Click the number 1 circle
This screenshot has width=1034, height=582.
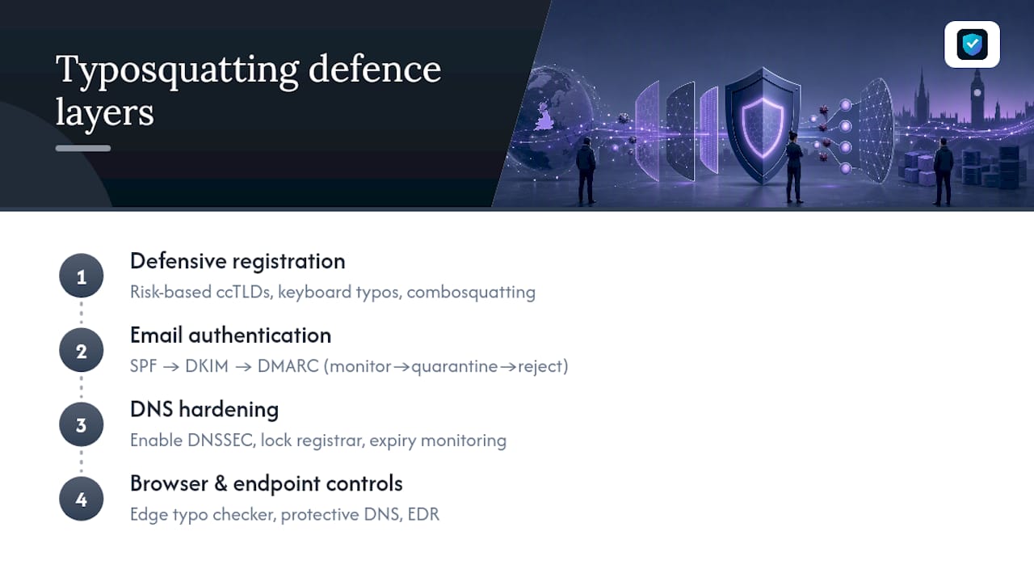(82, 276)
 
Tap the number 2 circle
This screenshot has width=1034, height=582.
(82, 350)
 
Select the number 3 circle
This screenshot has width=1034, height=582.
(82, 424)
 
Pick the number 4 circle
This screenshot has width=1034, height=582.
(82, 499)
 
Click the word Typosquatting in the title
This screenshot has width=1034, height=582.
(177, 70)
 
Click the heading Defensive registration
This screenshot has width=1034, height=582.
(237, 261)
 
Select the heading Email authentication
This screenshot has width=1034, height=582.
(231, 335)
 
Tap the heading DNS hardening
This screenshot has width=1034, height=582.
(204, 410)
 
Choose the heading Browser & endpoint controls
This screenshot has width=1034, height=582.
(267, 483)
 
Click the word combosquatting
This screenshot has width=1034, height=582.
(471, 293)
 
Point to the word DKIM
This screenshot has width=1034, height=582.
(207, 366)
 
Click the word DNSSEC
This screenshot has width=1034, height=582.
(221, 441)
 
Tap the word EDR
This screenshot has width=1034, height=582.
(423, 515)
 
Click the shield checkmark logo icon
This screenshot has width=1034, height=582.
(972, 44)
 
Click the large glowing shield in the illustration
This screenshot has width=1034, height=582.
(763, 124)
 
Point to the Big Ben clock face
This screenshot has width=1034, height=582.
(977, 93)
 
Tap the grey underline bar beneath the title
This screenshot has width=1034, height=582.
(83, 148)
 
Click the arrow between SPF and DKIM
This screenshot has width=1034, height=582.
(170, 367)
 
